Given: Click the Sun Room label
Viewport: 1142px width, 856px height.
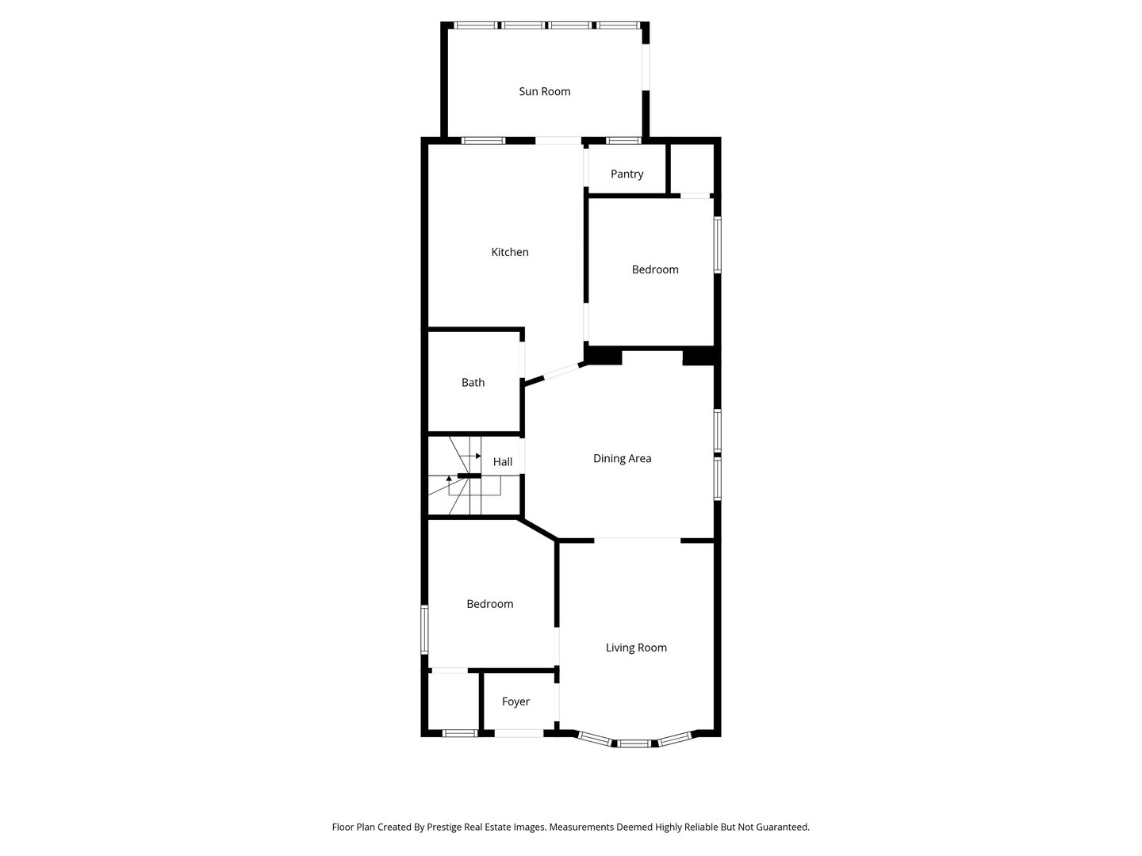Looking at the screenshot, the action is pyautogui.click(x=544, y=91).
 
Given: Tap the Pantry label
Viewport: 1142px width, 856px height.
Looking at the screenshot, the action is pyautogui.click(x=627, y=174).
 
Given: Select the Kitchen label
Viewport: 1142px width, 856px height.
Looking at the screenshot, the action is pyautogui.click(x=509, y=252).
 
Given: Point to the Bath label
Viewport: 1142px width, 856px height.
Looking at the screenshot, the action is pyautogui.click(x=473, y=383).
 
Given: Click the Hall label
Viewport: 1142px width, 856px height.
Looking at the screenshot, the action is pyautogui.click(x=502, y=461).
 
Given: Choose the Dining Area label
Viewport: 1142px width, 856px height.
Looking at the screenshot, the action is pyautogui.click(x=622, y=458).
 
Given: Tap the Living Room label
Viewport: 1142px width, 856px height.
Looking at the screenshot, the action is pyautogui.click(x=636, y=648).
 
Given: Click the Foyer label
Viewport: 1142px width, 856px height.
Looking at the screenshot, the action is pyautogui.click(x=515, y=701).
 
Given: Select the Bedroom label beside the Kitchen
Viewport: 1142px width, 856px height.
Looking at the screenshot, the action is pyautogui.click(x=654, y=269).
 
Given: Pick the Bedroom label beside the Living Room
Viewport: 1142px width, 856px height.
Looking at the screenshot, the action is pyautogui.click(x=489, y=604).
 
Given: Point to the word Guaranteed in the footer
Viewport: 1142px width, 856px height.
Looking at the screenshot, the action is pyautogui.click(x=782, y=827).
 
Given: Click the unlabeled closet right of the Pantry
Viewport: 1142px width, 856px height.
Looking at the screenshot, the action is pyautogui.click(x=691, y=168).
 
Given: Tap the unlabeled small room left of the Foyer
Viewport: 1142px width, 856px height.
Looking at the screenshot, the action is pyautogui.click(x=452, y=701).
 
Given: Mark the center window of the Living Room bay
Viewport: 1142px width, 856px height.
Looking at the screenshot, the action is pyautogui.click(x=634, y=743).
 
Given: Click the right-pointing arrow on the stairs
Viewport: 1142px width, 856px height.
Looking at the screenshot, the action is pyautogui.click(x=474, y=457).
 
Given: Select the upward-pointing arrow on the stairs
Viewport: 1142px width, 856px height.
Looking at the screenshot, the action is pyautogui.click(x=449, y=480).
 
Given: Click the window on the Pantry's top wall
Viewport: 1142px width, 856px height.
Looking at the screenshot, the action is pyautogui.click(x=623, y=140).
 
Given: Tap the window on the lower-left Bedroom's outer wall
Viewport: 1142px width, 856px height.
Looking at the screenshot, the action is pyautogui.click(x=424, y=629).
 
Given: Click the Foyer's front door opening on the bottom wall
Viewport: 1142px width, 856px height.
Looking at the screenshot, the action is pyautogui.click(x=519, y=733).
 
